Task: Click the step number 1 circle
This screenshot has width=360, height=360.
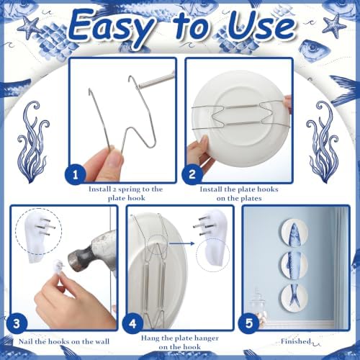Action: tap(76, 174)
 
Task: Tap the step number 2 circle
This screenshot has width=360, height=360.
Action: tap(192, 174)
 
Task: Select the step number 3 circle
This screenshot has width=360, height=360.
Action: tap(17, 323)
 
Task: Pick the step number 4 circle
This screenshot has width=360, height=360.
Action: tap(132, 323)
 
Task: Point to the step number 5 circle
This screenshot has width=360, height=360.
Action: tap(248, 323)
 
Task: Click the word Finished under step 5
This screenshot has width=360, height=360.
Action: tap(296, 341)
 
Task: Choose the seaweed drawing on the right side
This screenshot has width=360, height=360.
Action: tap(323, 142)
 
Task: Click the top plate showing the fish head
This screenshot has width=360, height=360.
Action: tap(294, 233)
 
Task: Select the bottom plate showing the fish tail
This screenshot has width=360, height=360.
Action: tap(294, 297)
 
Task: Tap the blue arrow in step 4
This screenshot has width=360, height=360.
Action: tap(181, 243)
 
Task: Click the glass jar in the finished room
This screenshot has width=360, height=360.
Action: tap(258, 305)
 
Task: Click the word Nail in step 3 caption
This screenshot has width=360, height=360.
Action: tap(26, 341)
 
